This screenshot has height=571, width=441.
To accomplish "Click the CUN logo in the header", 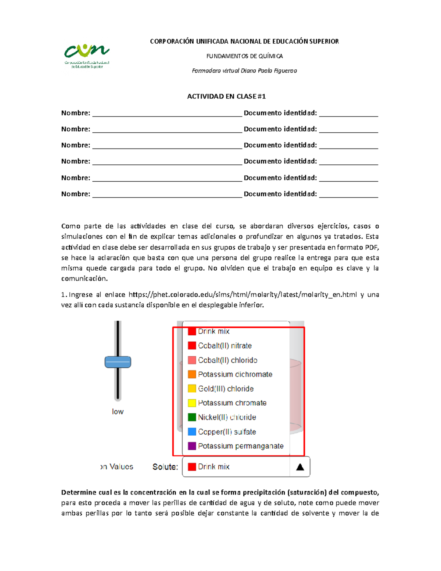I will coord(87,56).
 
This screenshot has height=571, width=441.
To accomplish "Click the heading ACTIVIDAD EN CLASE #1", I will coord(226,96).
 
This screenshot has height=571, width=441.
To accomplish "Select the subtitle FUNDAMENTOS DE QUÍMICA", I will coord(244,56).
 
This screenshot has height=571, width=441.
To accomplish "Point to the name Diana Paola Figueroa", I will coord(269,71).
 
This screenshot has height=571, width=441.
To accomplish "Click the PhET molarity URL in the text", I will coord(243,295).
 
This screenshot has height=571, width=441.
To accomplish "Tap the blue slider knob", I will coord(118,362).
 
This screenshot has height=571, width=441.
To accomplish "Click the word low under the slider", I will coord(118,411).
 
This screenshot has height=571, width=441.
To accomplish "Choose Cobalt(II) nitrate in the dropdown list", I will coord(225,346).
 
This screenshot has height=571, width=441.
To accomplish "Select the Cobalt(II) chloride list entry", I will coord(227,360).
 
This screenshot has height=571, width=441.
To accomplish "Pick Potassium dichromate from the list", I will coord(235,374).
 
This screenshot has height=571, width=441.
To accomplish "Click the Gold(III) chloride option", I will coord(226,389).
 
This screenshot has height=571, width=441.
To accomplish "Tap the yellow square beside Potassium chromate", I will coord(192,403).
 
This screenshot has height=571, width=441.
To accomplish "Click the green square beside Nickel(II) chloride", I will coord(192,417).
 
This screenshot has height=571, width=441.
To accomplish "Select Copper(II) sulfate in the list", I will coord(227,432).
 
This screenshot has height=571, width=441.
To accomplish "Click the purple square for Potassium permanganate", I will coord(192,446).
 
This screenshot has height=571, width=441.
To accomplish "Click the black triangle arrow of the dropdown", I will coord(300,467).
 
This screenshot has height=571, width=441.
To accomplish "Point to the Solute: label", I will coord(165,467).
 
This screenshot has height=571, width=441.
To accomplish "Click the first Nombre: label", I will coord(76,113).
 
